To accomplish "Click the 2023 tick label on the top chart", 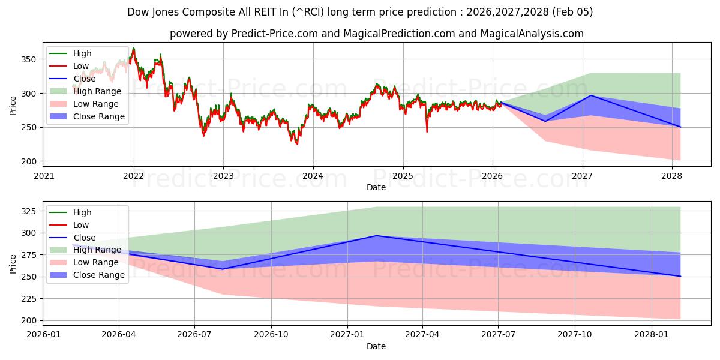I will coord(223,176).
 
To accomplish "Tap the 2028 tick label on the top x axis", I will coord(672,176).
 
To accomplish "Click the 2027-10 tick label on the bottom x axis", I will coord(575,335).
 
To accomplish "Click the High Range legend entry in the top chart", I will coord(97,91).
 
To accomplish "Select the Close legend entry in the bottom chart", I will coord(84,238).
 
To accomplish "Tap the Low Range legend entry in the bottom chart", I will coord(96,262).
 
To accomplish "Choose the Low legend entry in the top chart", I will coord(81,66).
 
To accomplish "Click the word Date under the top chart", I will coord(376,187).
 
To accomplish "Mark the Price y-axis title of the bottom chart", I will coord(13,264).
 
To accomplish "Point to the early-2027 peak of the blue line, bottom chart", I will coord(376,235).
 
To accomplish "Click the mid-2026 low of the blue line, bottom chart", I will coord(223,269).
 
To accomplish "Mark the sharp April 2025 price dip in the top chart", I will coord(427,131).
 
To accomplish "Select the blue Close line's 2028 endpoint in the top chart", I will coord(680,127).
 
